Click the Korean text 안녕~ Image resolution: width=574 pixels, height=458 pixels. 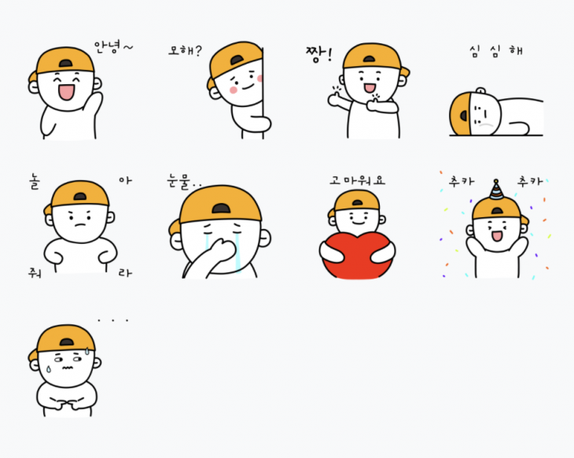click(113, 47)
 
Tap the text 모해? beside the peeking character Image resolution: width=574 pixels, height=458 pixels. click(185, 50)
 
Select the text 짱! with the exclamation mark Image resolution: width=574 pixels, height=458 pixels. click(319, 54)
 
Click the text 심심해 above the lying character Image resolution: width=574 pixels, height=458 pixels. click(496, 51)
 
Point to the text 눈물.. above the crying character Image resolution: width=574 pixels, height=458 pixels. click(184, 182)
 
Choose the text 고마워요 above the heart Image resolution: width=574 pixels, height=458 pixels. click(357, 180)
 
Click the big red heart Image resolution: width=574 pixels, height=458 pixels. click(357, 257)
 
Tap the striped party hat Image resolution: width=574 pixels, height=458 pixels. click(496, 190)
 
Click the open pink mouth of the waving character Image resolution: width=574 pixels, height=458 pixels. click(67, 91)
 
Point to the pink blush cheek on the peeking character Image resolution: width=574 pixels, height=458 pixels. click(234, 90)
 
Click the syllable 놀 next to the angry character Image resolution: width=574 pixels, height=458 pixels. click(35, 182)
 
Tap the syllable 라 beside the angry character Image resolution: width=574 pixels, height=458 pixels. click(125, 272)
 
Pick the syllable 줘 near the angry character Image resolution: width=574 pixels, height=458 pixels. click(35, 273)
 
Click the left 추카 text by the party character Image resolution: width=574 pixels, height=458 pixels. click(462, 181)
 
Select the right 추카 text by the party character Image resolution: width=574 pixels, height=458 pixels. click(529, 181)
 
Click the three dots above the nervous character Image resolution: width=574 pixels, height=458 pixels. click(113, 320)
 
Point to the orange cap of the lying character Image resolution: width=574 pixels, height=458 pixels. click(460, 114)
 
